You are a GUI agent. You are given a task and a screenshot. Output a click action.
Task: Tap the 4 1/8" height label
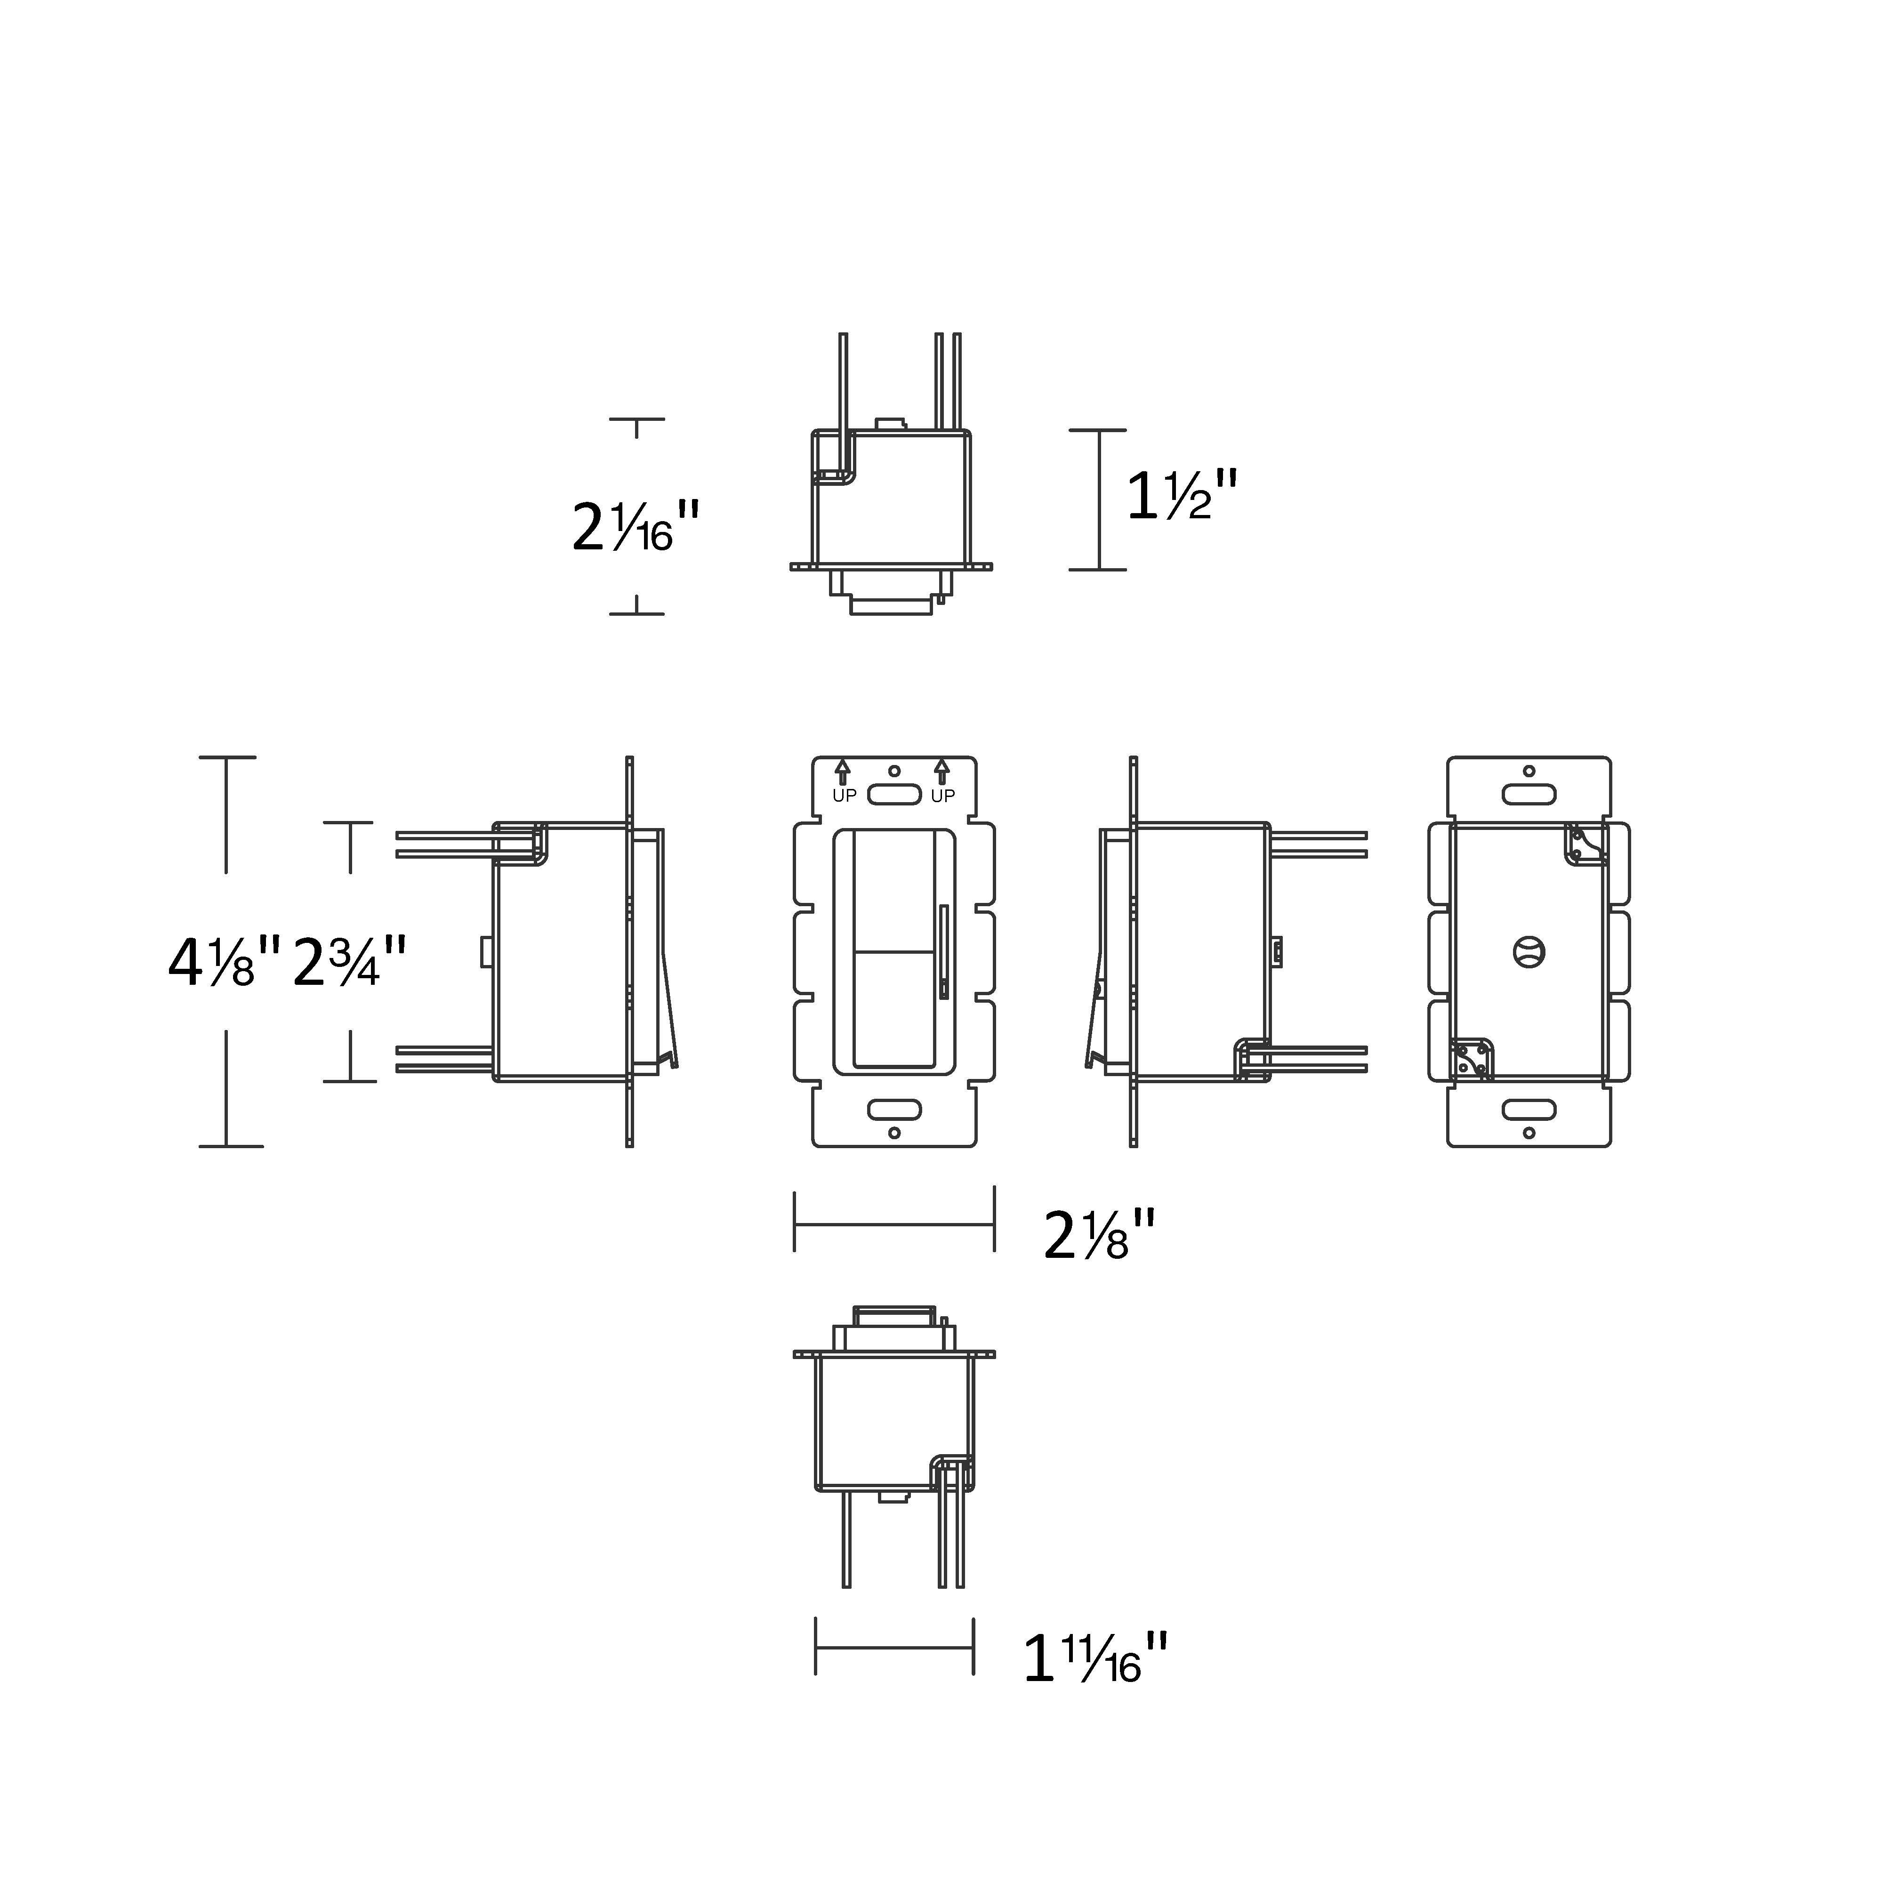[224, 962]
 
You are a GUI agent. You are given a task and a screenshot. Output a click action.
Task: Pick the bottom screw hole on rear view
[1528, 1133]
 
